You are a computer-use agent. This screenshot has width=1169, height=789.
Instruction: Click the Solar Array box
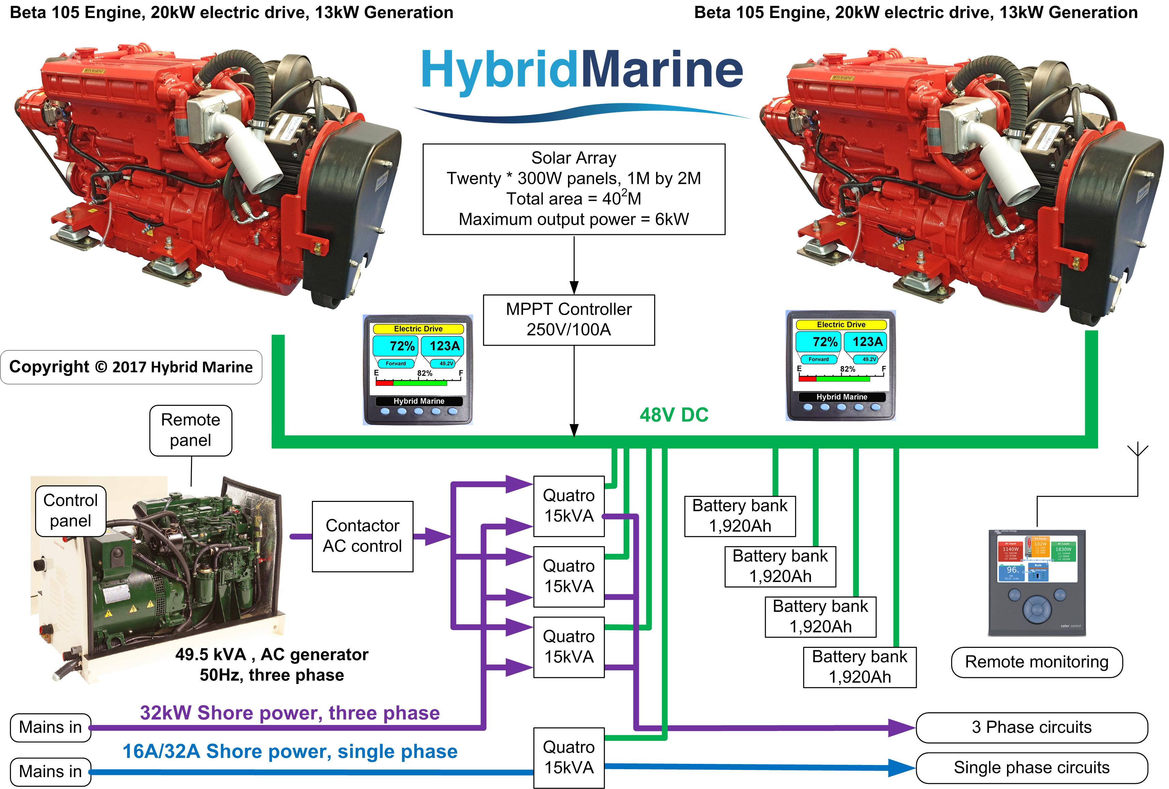[x=573, y=189]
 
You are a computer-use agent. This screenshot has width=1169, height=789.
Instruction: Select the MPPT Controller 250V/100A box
[x=568, y=319]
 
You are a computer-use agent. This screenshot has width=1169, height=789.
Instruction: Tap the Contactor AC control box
[x=362, y=536]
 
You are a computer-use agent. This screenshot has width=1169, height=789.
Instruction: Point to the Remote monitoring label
[x=1036, y=662]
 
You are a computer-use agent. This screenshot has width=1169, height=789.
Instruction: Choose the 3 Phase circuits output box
[x=1031, y=727]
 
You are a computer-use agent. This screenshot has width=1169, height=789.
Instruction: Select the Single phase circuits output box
[x=1031, y=768]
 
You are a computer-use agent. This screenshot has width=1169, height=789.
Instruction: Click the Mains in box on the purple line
[x=50, y=727]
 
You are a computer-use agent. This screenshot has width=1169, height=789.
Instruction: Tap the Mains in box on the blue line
[x=50, y=771]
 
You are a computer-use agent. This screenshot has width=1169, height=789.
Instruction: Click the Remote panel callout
[x=191, y=430]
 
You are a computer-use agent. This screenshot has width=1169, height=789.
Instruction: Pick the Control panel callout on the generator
[x=71, y=510]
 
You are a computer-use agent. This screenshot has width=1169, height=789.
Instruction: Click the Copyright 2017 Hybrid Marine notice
[x=131, y=367]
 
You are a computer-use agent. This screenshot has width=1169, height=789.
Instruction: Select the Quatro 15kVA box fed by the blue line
[x=568, y=757]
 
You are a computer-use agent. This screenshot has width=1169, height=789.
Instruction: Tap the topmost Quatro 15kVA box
[x=568, y=506]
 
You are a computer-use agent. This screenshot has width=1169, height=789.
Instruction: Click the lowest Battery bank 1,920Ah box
[x=860, y=667]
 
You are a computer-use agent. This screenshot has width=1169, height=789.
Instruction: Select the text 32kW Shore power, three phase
[x=290, y=713]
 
